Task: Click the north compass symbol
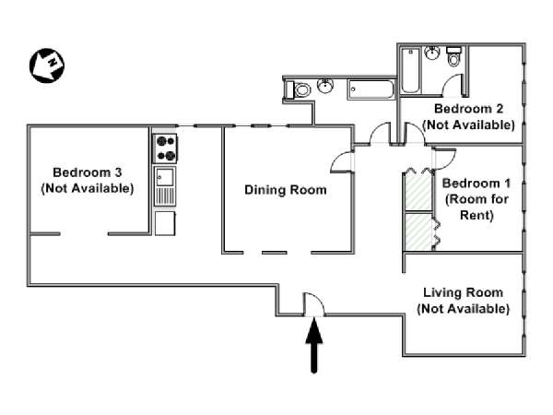(47, 65)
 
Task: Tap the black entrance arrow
(314, 345)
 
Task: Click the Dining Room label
(286, 190)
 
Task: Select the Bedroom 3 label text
(88, 172)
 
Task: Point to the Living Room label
(463, 292)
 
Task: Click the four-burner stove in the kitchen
(165, 148)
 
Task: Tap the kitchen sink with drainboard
(165, 186)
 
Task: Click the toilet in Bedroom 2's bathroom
(453, 56)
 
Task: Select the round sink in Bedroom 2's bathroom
(432, 53)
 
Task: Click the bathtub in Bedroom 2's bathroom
(410, 71)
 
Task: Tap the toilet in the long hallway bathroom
(298, 89)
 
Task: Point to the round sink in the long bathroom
(325, 86)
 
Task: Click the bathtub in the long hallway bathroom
(371, 89)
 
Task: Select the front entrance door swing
(314, 304)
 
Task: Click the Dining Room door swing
(341, 162)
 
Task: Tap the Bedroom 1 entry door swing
(445, 159)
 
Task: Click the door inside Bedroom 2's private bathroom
(453, 86)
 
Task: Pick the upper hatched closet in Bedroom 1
(418, 191)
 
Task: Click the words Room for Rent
(477, 207)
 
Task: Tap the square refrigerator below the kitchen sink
(165, 223)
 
